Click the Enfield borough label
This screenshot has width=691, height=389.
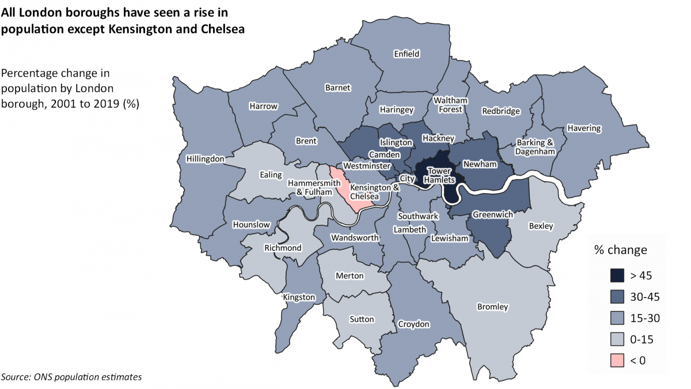point(407,54)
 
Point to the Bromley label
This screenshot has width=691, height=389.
point(492,307)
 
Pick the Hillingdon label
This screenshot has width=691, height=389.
point(206,158)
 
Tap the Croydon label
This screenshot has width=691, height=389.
point(413,324)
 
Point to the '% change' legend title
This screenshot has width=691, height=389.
point(620,250)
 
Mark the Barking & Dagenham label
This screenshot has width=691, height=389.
point(535,148)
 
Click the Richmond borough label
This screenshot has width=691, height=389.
point(282,248)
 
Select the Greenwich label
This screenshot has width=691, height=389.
point(492,215)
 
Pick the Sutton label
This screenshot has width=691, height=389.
point(362,319)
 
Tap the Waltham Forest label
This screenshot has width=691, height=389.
point(451,104)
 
